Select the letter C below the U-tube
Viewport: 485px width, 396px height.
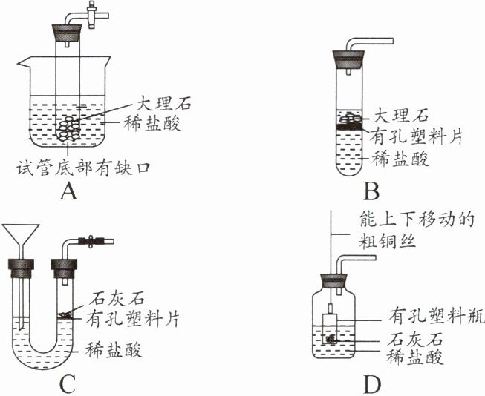coord(68,384)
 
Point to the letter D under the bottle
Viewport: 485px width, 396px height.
coord(371,384)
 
